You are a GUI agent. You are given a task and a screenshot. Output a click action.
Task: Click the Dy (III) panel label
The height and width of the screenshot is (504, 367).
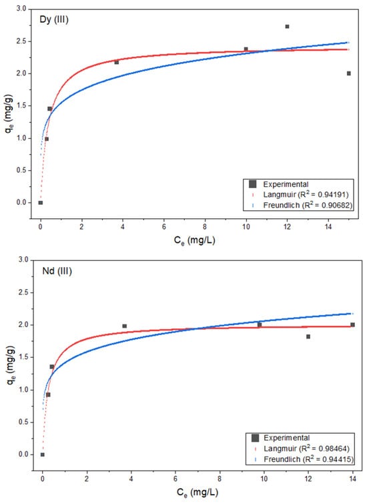(54, 20)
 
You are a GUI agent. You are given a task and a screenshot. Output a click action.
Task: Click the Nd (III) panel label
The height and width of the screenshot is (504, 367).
(57, 271)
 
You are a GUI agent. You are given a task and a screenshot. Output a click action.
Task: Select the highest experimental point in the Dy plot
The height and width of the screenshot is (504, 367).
(287, 26)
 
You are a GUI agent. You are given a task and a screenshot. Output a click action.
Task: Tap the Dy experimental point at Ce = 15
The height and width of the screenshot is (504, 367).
(349, 73)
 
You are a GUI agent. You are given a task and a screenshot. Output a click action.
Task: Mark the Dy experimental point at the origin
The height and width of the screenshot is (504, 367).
(41, 202)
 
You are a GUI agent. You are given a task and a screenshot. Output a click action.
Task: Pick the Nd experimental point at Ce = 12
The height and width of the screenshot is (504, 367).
(308, 336)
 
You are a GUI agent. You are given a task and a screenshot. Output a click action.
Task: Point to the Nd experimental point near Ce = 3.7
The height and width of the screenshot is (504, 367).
(124, 326)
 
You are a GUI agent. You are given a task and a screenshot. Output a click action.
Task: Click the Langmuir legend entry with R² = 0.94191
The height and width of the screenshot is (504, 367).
(306, 194)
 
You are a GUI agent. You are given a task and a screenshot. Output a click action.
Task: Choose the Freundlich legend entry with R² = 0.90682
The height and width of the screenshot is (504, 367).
(308, 205)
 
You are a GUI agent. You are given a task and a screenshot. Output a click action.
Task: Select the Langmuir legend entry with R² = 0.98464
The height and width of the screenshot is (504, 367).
(306, 449)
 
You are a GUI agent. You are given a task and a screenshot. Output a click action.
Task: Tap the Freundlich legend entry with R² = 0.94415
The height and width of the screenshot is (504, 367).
(308, 459)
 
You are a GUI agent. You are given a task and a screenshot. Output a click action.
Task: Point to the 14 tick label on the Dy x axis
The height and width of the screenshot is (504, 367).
(328, 226)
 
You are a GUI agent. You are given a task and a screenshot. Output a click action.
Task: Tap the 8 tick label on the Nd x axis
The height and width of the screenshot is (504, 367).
(220, 479)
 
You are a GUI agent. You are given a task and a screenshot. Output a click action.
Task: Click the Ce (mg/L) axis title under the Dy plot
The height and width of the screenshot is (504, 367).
(194, 240)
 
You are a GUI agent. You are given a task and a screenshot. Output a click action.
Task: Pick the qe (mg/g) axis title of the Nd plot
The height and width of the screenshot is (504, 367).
(10, 365)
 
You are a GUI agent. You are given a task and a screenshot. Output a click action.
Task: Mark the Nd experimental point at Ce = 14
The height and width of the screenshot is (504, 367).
(352, 324)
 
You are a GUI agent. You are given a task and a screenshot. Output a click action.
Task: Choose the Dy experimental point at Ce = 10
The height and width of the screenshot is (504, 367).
(246, 49)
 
